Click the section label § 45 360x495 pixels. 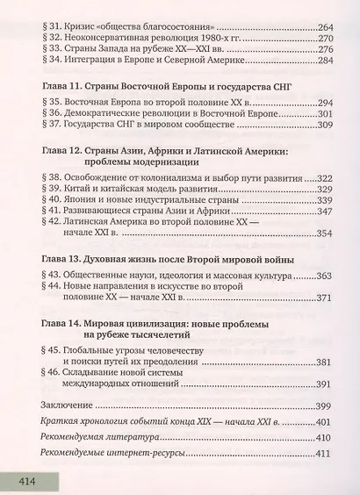point(54,349)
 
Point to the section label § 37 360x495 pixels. point(54,154)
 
